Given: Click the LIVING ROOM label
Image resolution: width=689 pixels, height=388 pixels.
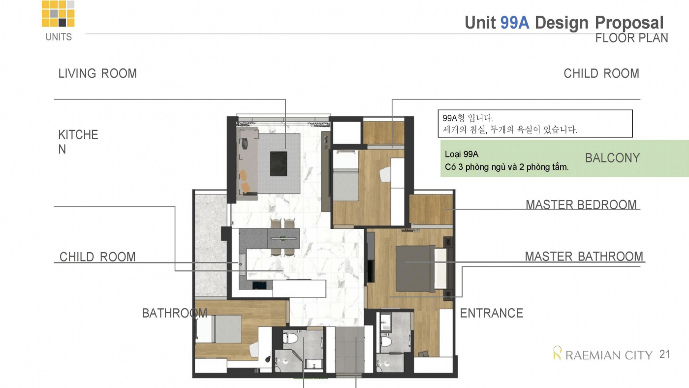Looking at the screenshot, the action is [97, 73].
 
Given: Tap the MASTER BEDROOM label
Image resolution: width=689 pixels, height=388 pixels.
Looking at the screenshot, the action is [581, 205].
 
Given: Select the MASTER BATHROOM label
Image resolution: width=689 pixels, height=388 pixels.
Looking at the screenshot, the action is [584, 257].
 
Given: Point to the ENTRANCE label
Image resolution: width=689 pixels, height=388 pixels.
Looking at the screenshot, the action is [492, 313].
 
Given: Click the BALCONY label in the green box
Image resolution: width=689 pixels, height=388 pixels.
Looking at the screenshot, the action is [612, 158].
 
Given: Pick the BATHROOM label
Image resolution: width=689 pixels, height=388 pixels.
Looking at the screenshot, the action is [174, 313].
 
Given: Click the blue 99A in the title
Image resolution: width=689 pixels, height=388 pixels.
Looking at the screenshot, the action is [515, 23].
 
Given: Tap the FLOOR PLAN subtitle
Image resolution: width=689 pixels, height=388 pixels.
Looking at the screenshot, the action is [631, 38].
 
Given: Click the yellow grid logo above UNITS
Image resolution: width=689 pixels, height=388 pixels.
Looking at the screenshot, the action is [58, 13].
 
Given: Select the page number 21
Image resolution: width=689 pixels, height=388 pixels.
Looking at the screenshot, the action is [665, 355].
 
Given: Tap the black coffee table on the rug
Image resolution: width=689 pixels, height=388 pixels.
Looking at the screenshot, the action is [279, 163].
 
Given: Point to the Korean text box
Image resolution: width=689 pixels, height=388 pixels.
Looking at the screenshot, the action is [535, 124].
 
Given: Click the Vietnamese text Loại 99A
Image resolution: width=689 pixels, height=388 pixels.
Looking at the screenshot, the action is [462, 154].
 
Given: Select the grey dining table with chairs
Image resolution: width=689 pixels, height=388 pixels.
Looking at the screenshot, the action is [283, 238].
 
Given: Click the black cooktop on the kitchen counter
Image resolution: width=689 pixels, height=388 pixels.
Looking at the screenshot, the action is [259, 285].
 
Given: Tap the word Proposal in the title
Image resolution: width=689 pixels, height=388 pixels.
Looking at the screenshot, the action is [629, 23].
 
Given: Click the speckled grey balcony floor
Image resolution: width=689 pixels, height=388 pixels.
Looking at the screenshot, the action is [211, 245].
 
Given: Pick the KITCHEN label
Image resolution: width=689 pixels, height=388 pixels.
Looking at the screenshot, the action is [78, 142].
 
